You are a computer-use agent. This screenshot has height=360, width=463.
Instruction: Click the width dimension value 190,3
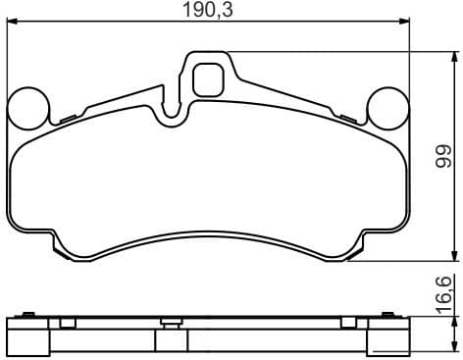210,12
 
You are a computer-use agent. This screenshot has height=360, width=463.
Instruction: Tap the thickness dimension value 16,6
442,291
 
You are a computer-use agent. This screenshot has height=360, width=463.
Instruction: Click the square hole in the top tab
207,78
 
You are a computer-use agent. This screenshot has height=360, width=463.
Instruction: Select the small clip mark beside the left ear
67,120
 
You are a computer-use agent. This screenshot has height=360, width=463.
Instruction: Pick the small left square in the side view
67,323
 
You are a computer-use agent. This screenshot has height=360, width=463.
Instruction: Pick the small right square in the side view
347,323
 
